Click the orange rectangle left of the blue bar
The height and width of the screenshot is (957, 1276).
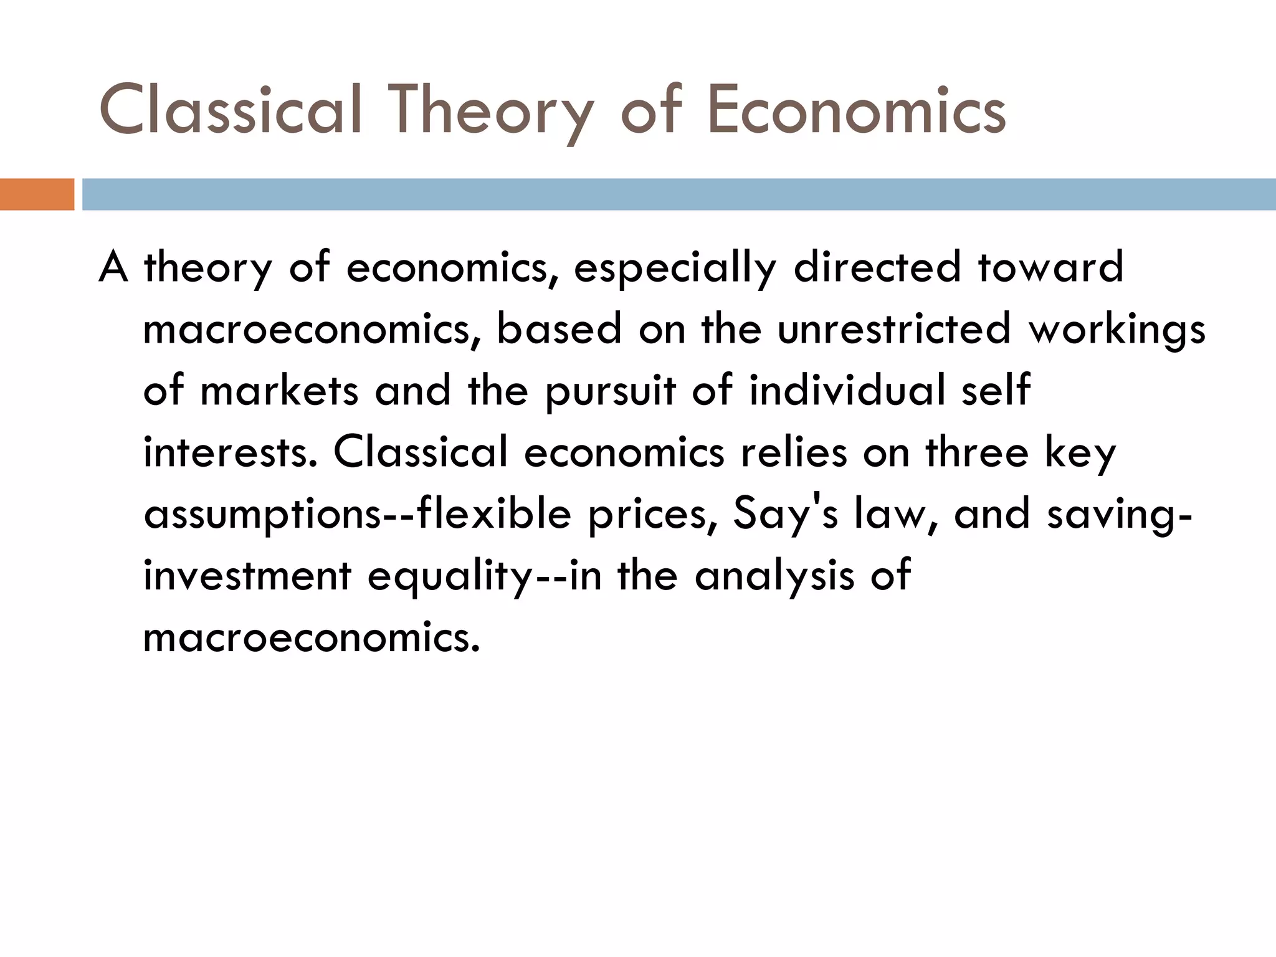click(37, 194)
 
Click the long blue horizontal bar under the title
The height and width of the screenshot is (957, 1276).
click(678, 194)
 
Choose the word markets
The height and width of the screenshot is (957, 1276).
click(280, 391)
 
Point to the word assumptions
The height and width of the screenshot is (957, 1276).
click(262, 516)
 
